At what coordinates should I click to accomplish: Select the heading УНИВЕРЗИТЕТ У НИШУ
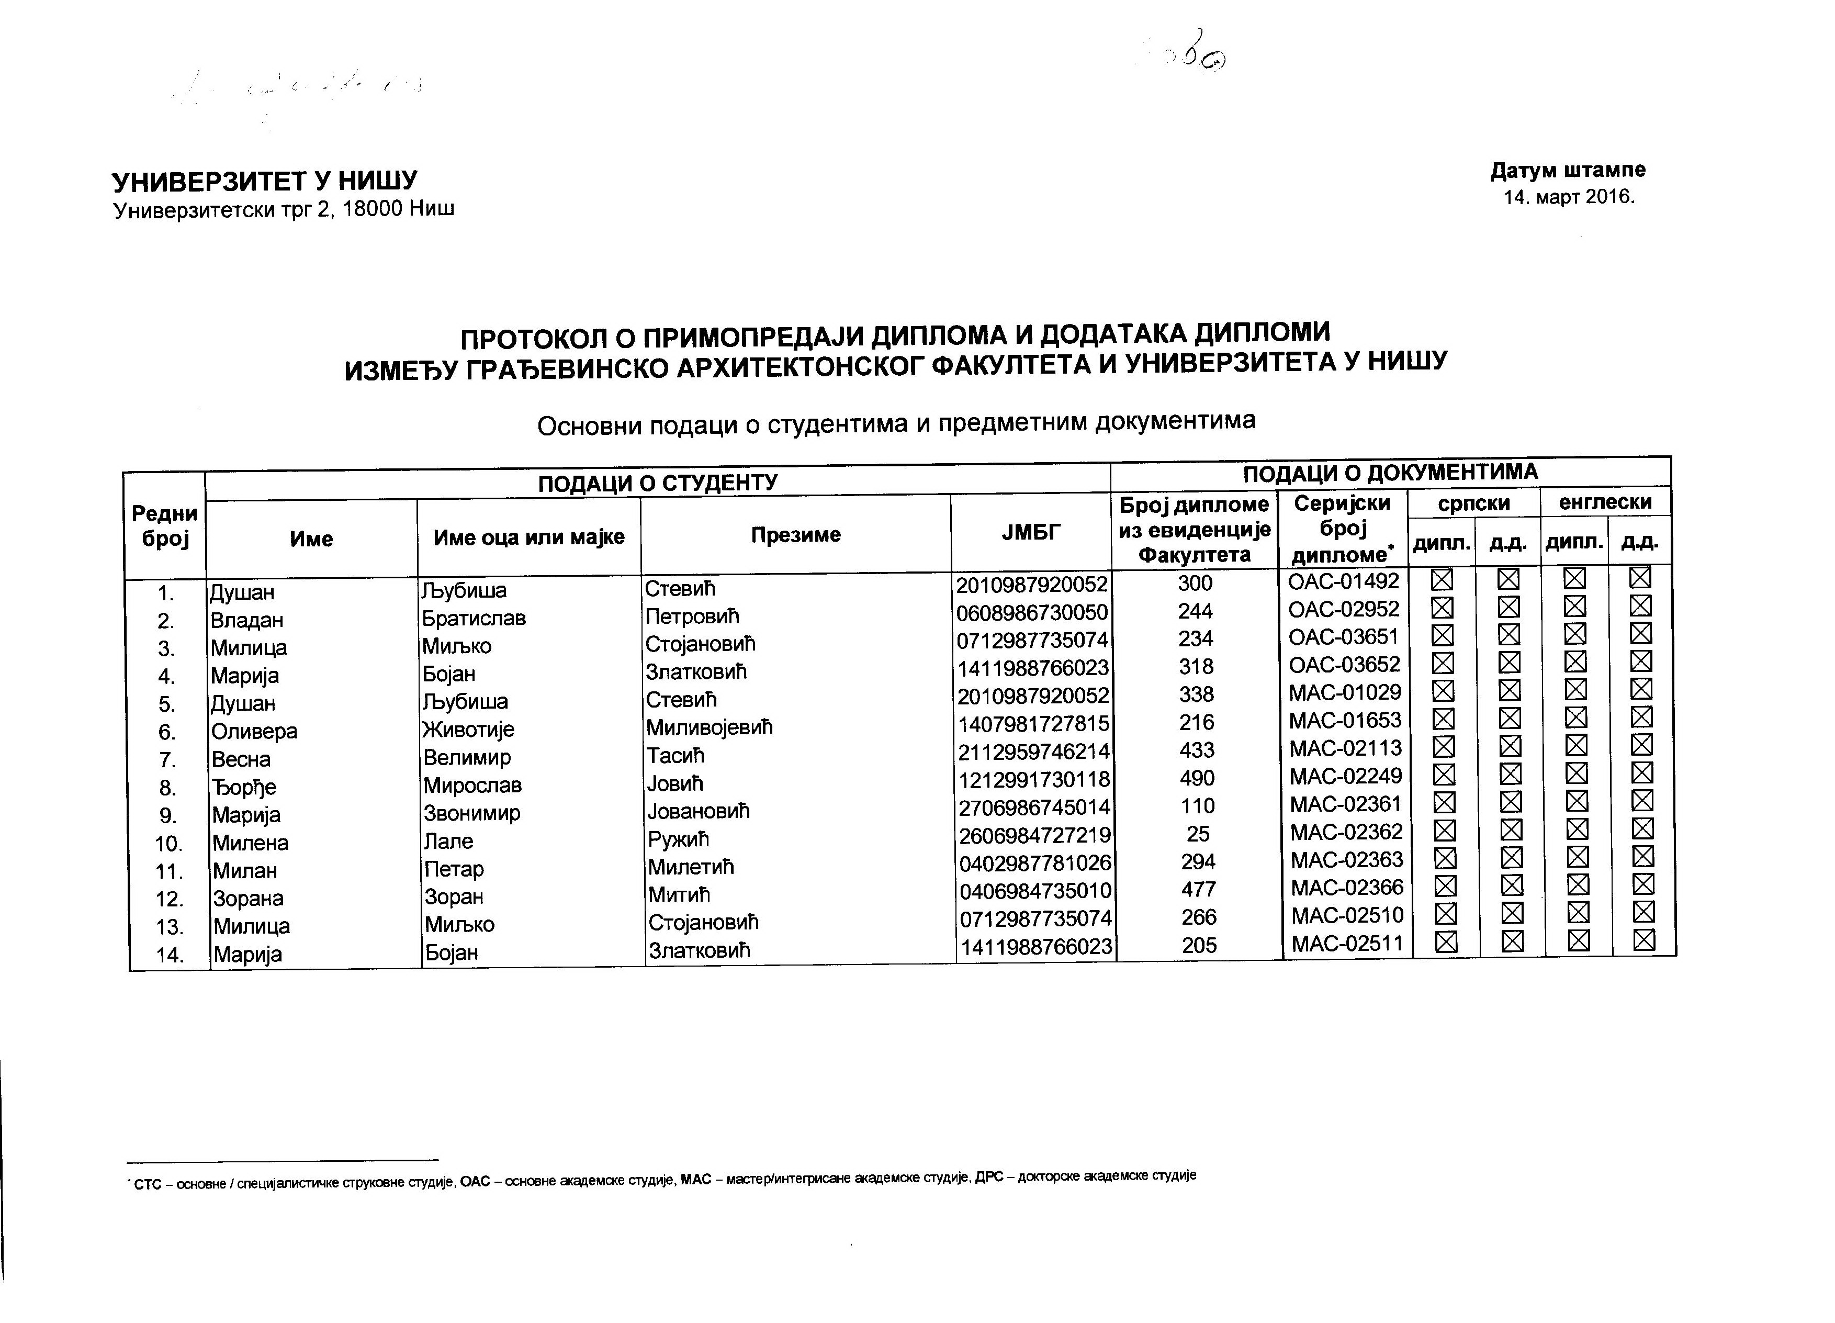(265, 181)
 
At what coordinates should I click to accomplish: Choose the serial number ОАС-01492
(1343, 581)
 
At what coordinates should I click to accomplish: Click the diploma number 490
(1197, 778)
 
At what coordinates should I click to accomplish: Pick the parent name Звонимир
(471, 812)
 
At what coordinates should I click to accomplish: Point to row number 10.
(169, 844)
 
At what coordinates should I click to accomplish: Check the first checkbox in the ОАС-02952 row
(1442, 608)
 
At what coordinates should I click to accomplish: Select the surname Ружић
(678, 839)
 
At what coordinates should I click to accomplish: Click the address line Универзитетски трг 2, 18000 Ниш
(284, 209)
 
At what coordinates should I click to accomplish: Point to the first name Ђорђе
(243, 787)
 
